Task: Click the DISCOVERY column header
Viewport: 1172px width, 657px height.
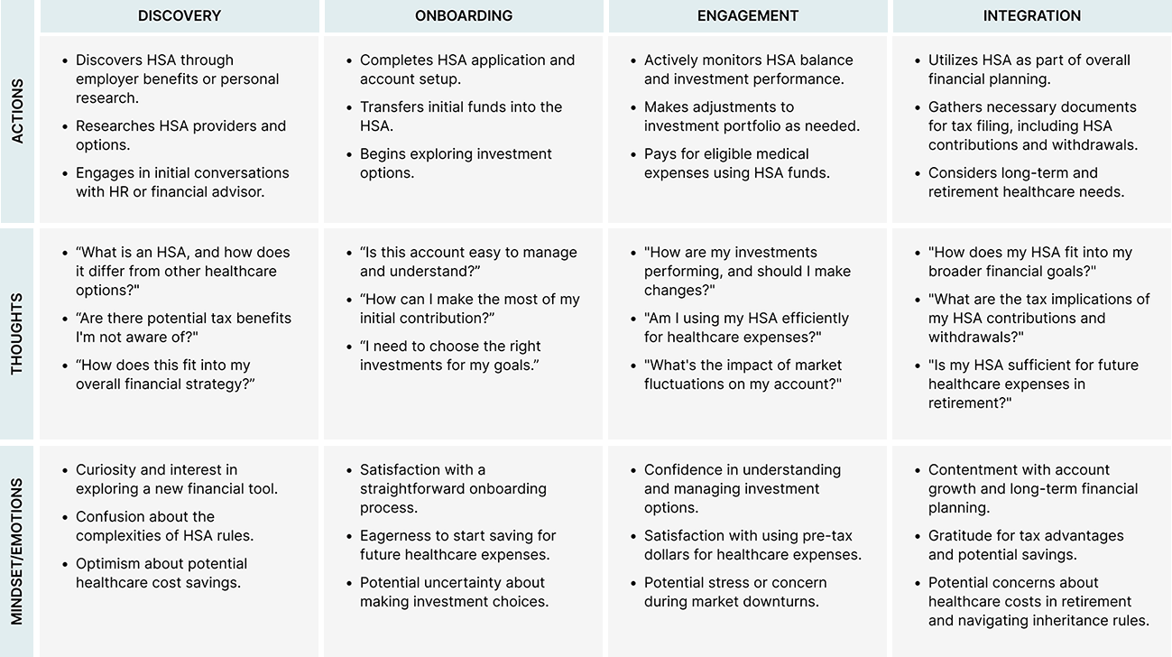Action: [x=180, y=15]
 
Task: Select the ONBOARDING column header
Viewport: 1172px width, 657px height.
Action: [x=464, y=15]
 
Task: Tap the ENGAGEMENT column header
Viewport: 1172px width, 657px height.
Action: [x=748, y=15]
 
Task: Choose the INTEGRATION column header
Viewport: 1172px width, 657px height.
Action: [x=1032, y=15]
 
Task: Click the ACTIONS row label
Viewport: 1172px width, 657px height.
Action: [x=18, y=111]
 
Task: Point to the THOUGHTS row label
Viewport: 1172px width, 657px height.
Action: [x=18, y=333]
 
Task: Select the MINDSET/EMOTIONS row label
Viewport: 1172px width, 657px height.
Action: [x=18, y=551]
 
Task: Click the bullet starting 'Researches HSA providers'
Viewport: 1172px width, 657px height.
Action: [x=180, y=135]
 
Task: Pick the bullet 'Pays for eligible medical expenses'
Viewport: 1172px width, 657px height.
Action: [x=736, y=163]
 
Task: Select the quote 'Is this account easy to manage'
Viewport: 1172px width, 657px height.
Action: [x=467, y=262]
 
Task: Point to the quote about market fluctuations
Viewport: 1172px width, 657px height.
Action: [x=743, y=375]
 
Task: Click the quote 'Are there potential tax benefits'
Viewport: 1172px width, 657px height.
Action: [x=183, y=328]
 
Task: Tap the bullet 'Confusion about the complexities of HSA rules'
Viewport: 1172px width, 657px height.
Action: [x=164, y=526]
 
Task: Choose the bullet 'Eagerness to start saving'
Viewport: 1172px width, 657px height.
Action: [x=457, y=545]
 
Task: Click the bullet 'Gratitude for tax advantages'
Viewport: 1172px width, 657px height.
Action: [x=1026, y=545]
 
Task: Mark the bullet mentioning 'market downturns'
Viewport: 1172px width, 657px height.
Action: [x=734, y=592]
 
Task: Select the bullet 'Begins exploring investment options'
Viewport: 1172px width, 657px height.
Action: [x=456, y=163]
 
